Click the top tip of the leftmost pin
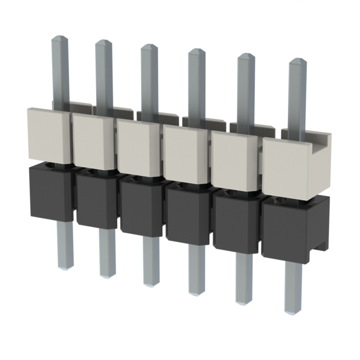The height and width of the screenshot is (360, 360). point(60,39)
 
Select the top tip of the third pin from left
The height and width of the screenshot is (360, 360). point(150,47)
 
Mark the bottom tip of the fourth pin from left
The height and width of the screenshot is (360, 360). point(196,292)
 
